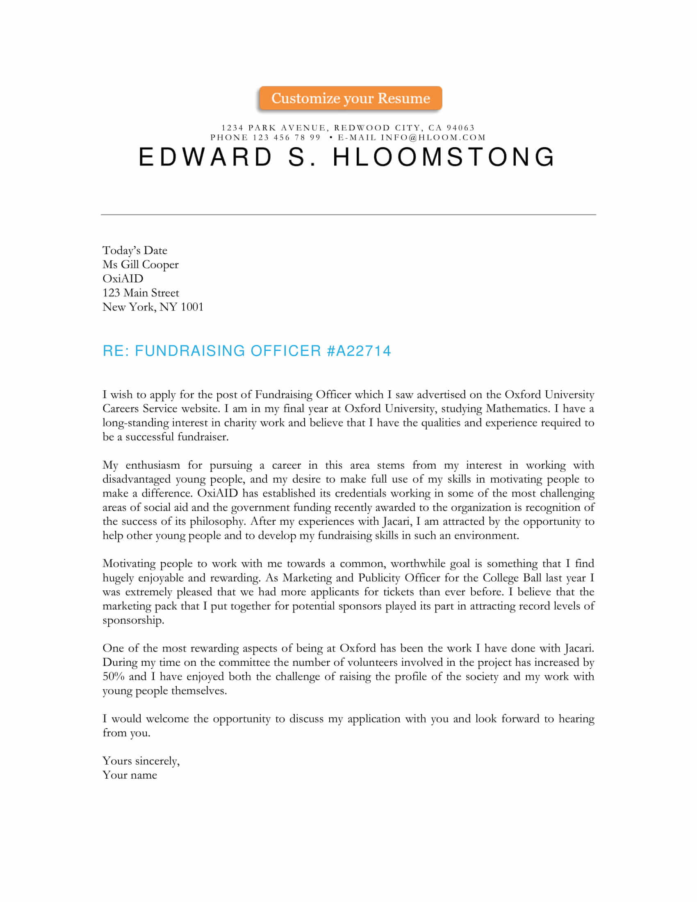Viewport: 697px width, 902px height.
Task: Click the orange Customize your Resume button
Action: [350, 98]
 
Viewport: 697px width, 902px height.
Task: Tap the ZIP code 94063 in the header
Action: [460, 128]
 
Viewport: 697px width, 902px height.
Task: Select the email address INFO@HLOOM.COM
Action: [433, 137]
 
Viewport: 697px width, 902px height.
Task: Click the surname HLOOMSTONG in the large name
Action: [444, 157]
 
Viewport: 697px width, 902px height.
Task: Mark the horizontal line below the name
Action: [348, 215]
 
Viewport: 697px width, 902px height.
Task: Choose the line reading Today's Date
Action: [134, 250]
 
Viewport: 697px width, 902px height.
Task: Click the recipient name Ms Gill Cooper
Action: [140, 264]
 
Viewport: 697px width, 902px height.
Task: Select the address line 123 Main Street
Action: [140, 293]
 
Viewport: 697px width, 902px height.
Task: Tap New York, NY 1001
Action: [153, 307]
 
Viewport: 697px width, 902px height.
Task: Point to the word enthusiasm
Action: [153, 465]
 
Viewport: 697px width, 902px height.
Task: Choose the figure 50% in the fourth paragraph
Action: [113, 676]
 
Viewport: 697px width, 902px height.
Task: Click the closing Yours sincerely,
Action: [141, 761]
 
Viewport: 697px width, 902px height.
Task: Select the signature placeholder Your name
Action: [130, 775]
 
